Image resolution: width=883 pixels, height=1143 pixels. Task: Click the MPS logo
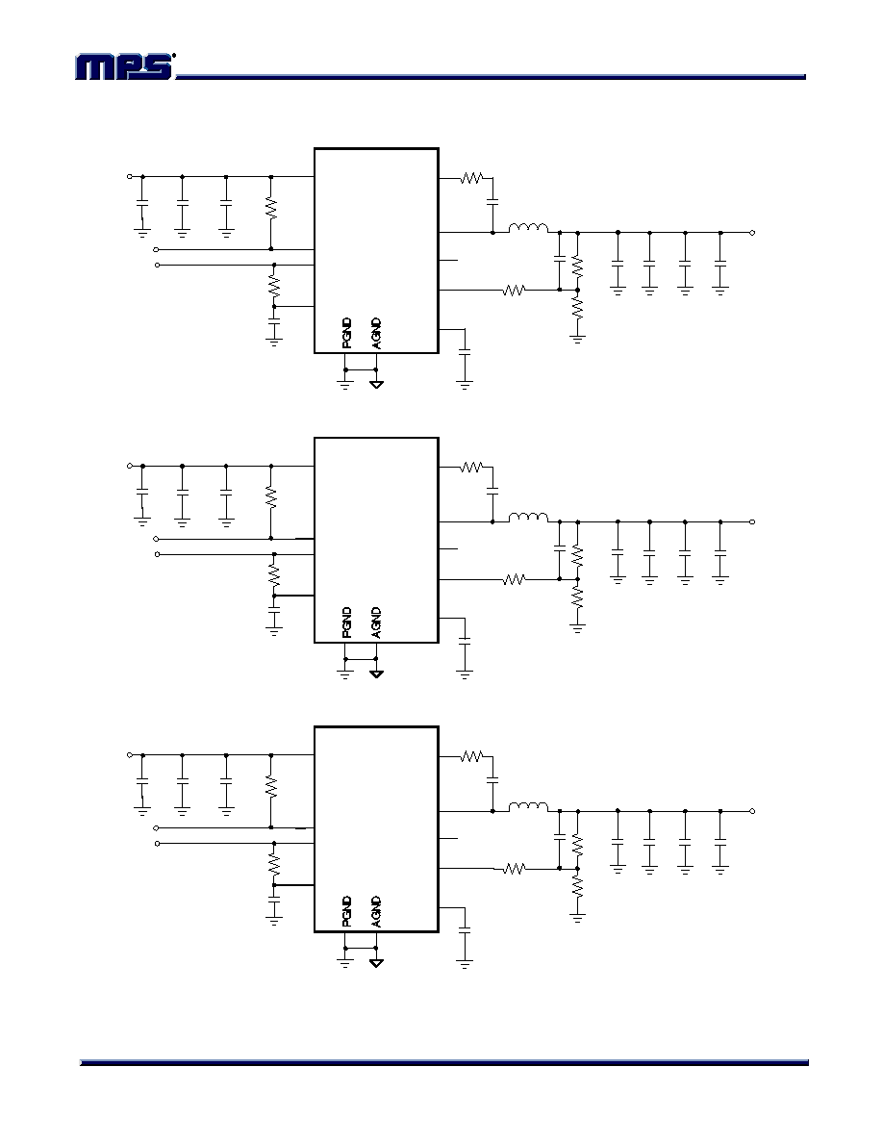pyautogui.click(x=125, y=66)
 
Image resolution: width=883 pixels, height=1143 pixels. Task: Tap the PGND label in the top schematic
pyautogui.click(x=347, y=333)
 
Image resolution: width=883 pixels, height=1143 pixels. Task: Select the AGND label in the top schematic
pyautogui.click(x=376, y=333)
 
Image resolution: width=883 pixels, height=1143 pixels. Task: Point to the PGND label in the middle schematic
pyautogui.click(x=347, y=622)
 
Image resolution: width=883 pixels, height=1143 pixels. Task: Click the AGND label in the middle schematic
pyautogui.click(x=376, y=622)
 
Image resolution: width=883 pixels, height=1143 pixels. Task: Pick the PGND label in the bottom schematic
pyautogui.click(x=347, y=911)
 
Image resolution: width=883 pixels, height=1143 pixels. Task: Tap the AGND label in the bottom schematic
pyautogui.click(x=376, y=911)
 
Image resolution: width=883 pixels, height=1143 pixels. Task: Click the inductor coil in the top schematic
pyautogui.click(x=528, y=228)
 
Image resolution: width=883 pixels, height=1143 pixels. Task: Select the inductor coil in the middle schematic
pyautogui.click(x=528, y=518)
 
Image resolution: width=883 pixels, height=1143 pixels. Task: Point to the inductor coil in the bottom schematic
pyautogui.click(x=528, y=806)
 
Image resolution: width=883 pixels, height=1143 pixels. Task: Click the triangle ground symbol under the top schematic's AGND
pyautogui.click(x=376, y=384)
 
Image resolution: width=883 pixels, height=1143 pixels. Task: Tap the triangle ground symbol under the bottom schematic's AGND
pyautogui.click(x=376, y=963)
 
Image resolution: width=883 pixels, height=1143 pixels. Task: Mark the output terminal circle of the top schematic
pyautogui.click(x=752, y=233)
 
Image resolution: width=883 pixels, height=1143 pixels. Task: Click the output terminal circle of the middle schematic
pyautogui.click(x=752, y=521)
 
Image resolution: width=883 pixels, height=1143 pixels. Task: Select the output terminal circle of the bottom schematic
pyautogui.click(x=752, y=811)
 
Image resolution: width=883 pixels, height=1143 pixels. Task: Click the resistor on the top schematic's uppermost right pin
pyautogui.click(x=472, y=177)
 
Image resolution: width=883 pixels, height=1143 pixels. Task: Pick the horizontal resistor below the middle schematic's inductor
pyautogui.click(x=515, y=579)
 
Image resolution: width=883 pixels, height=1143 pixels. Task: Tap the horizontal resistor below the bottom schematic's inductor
pyautogui.click(x=515, y=869)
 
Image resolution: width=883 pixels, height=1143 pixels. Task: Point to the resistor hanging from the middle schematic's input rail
pyautogui.click(x=271, y=497)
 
